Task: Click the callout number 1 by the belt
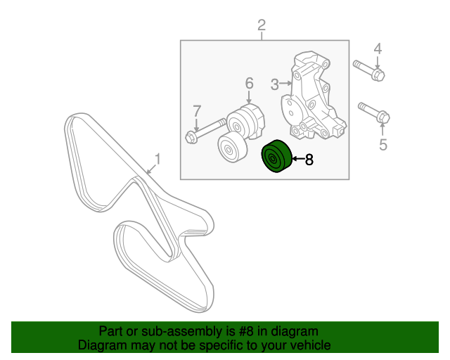coord(157,160)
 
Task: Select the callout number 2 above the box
coord(262,26)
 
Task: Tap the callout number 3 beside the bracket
coord(275,85)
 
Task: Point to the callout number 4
coord(377,49)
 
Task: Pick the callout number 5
coord(383,145)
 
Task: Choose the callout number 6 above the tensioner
coord(249,84)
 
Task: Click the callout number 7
coord(197,110)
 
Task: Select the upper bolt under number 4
coord(368,70)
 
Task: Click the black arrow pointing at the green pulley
coord(296,160)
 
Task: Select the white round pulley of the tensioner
coord(229,147)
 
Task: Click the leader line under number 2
coord(262,37)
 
